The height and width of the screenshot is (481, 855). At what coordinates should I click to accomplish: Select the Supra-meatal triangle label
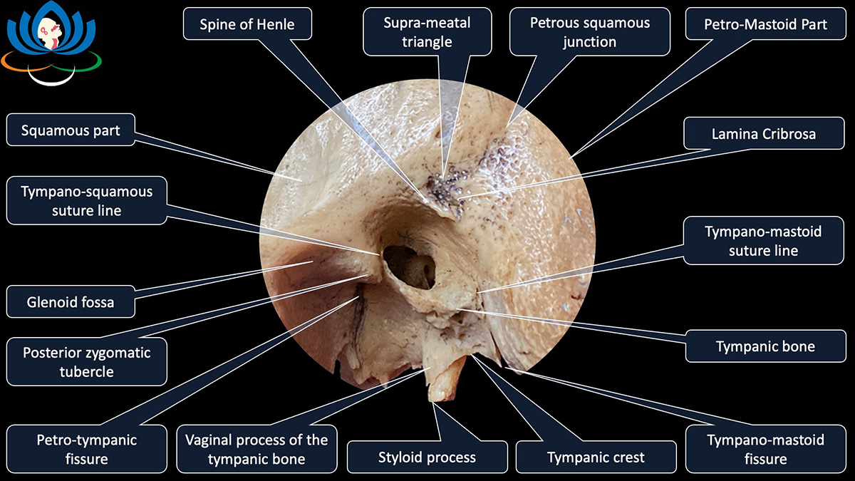point(427,32)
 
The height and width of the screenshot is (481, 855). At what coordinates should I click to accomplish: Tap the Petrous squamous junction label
point(589,32)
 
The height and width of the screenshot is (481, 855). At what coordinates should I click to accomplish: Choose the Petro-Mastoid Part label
point(765,24)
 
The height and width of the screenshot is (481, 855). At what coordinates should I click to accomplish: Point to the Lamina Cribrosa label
point(763,134)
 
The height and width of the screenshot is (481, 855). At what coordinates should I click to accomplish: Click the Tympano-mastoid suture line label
point(763,241)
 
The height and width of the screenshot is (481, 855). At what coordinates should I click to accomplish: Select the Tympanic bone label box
point(765,347)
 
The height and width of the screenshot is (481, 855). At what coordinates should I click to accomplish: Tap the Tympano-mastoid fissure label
point(765,449)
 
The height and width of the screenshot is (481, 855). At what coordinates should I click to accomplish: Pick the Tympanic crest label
point(595,457)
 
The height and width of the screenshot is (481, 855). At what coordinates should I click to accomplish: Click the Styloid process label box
point(427,457)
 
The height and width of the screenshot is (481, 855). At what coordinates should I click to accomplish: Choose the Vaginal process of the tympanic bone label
point(257,449)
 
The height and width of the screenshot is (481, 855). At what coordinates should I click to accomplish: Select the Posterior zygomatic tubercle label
point(86,362)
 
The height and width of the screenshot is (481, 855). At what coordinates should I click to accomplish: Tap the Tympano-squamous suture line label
point(86,201)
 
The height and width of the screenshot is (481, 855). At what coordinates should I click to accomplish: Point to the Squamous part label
point(71,131)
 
